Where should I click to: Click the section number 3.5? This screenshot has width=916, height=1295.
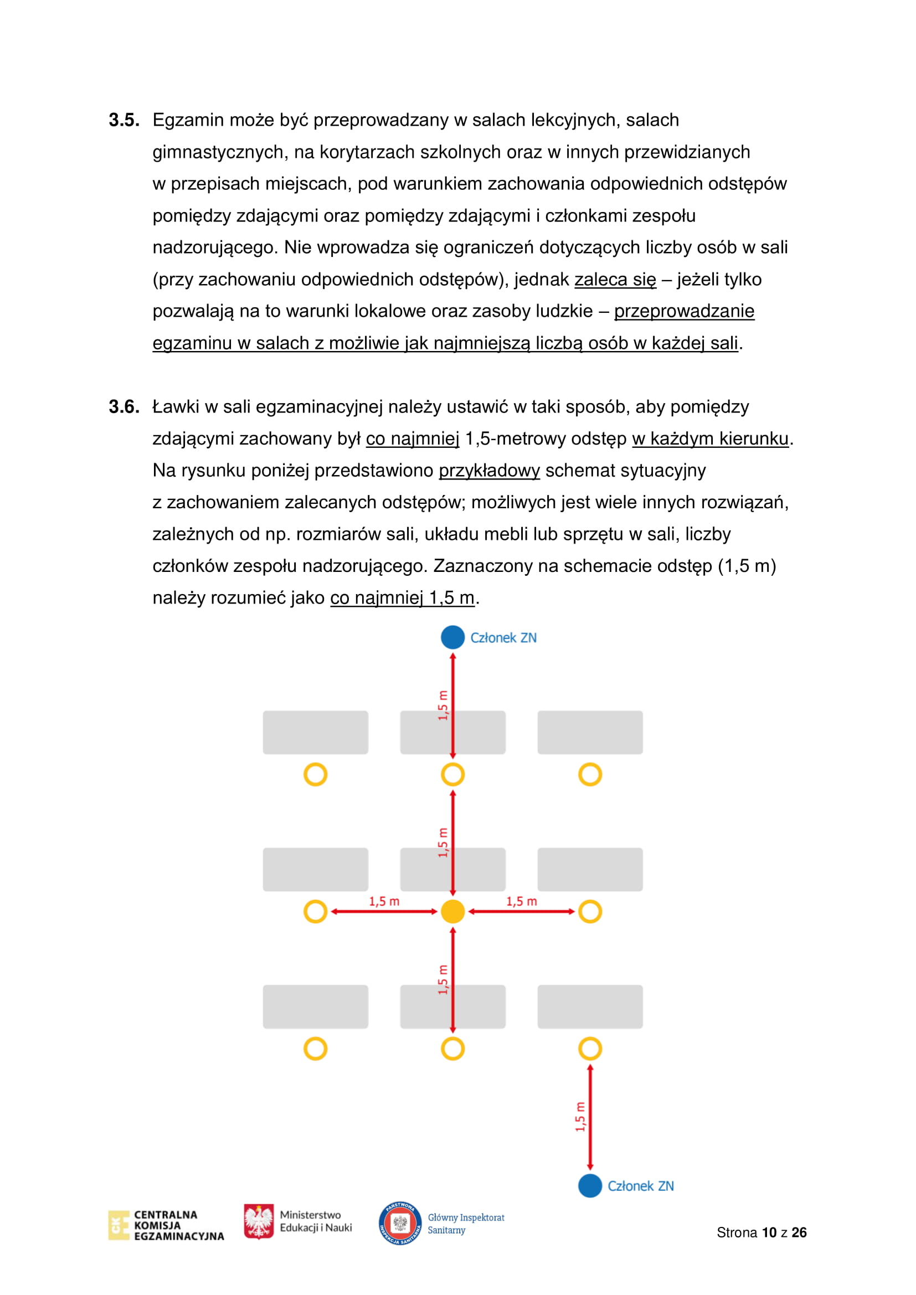(x=123, y=120)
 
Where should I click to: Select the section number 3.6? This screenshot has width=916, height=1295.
(x=123, y=407)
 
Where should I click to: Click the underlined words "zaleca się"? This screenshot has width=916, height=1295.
(x=615, y=280)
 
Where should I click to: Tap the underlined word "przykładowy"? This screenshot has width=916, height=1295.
(x=489, y=471)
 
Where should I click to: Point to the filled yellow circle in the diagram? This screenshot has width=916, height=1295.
(x=452, y=911)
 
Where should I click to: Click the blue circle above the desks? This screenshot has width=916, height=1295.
(x=452, y=637)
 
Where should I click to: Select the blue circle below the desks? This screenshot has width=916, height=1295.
(x=590, y=1185)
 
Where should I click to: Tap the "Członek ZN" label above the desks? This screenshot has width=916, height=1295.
(x=503, y=638)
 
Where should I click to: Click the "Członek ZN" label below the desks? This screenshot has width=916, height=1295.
(x=640, y=1186)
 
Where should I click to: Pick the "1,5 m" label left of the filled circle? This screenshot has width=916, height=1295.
(x=384, y=901)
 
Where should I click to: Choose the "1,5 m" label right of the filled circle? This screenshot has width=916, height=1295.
(x=521, y=901)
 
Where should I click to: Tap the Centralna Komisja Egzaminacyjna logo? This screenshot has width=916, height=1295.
(x=166, y=1225)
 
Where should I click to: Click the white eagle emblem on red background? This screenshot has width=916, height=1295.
(x=259, y=1221)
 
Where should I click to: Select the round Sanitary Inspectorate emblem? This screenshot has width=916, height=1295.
(x=400, y=1223)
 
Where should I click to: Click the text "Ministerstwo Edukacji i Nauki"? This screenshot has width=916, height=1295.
(x=315, y=1221)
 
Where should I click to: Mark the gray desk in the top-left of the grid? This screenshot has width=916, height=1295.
(x=315, y=732)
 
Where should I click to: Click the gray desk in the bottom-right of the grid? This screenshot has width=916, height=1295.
(x=590, y=1007)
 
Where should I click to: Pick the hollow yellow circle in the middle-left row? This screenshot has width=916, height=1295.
(x=315, y=911)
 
